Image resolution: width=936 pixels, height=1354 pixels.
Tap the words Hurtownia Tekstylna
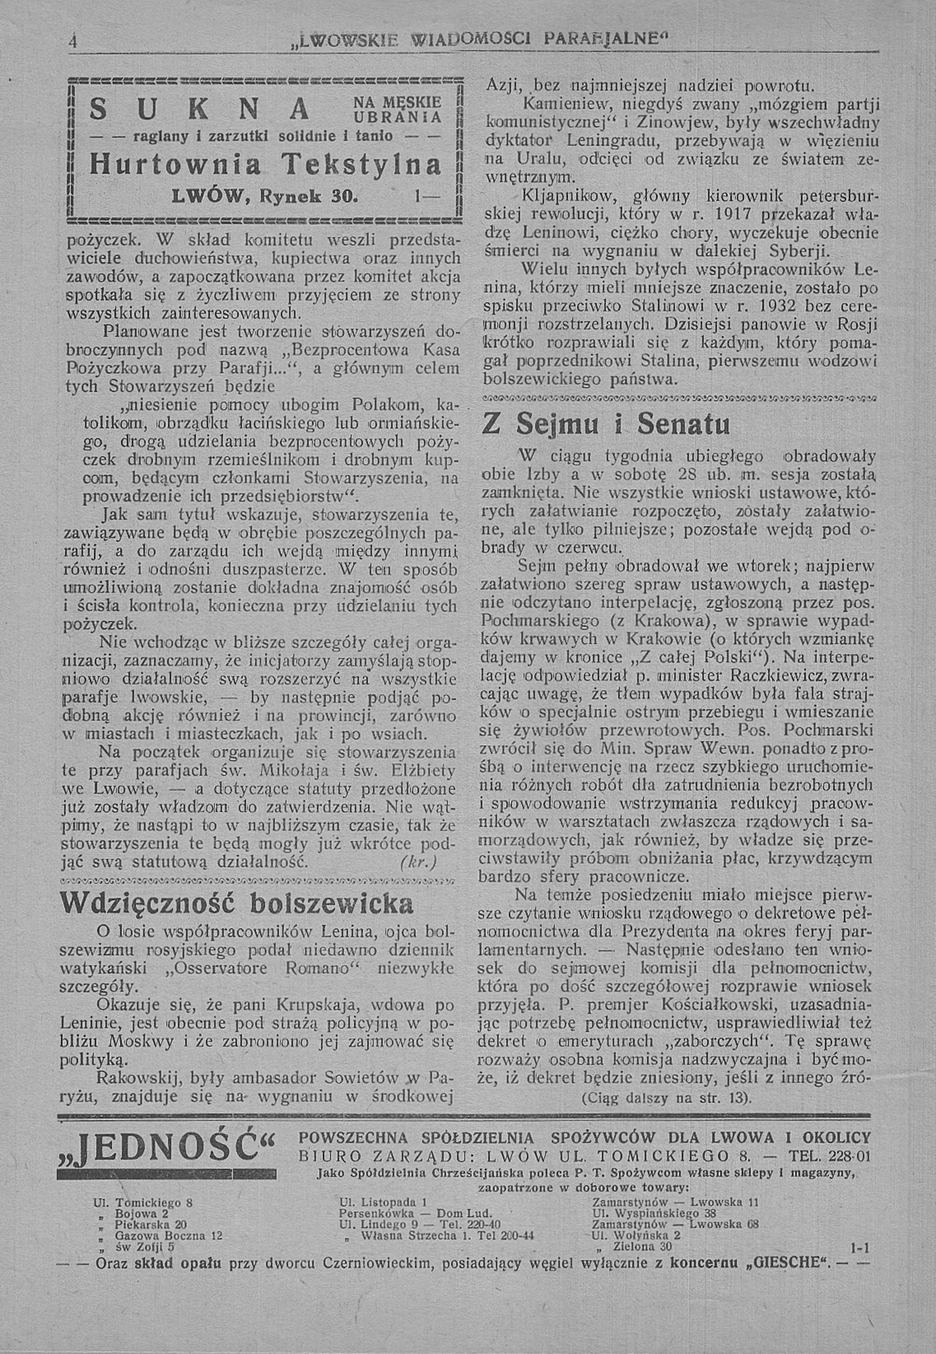click(265, 166)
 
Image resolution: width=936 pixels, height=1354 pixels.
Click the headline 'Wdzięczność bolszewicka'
click(237, 903)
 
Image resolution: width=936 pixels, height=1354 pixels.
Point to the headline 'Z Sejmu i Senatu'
click(606, 425)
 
